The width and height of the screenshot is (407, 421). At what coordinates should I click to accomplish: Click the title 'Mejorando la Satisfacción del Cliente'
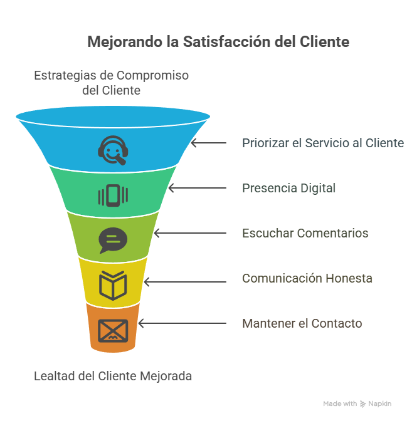coord(218,43)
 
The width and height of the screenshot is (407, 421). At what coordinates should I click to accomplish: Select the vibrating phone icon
coord(113,195)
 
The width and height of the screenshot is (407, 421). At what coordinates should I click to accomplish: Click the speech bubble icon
coord(113,240)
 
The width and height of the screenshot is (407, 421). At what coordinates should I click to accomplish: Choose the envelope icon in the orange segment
coord(113,330)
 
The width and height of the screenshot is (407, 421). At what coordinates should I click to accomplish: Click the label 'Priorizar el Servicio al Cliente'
coord(323,143)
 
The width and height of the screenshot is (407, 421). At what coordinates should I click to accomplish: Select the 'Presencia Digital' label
coord(289,188)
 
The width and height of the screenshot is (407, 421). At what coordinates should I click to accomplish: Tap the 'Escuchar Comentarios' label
coord(305,233)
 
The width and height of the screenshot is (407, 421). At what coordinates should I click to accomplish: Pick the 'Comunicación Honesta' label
coord(307,278)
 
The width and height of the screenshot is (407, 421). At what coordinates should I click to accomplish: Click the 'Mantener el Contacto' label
coord(302,323)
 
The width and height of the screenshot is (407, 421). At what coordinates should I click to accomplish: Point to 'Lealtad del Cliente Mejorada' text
coord(113,377)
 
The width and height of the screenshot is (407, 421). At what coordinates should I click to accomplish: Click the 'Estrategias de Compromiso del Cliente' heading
coord(111,83)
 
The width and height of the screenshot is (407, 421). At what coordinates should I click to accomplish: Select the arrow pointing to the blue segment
coord(209,143)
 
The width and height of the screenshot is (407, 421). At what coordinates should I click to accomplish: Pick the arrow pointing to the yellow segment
coord(184,278)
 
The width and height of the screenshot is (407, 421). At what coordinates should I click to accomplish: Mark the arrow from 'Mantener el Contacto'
coord(182,323)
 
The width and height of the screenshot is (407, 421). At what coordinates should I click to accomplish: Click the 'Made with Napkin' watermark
coord(357,404)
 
